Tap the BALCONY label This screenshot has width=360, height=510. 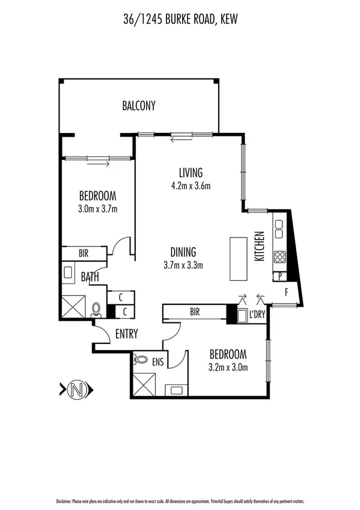[x=139, y=106]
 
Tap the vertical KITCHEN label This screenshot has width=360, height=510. [x=260, y=246]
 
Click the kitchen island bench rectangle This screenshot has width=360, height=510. [x=238, y=259]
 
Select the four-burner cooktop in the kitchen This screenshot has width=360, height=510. [x=280, y=257]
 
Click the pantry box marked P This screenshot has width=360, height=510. [x=281, y=276]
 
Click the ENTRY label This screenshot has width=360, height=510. [x=126, y=334]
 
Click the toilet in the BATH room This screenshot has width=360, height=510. [x=97, y=310]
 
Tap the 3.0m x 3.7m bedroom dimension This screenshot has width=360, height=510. [x=97, y=209]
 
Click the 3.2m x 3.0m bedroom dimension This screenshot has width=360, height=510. [x=228, y=366]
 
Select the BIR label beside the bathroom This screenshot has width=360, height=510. [x=83, y=254]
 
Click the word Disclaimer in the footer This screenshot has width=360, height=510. [x=64, y=501]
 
